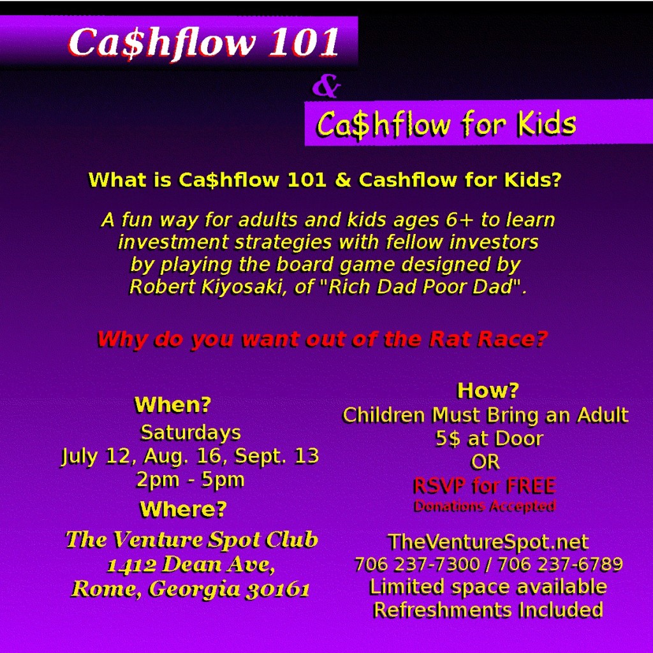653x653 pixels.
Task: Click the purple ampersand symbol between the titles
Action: click(326, 87)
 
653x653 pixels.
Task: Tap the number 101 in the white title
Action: click(304, 43)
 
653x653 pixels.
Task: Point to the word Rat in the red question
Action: click(451, 339)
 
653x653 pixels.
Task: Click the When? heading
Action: click(173, 405)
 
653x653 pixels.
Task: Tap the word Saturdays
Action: click(191, 433)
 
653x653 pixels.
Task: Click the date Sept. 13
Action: click(277, 456)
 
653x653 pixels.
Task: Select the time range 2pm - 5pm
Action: click(190, 480)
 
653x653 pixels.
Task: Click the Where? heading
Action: click(183, 510)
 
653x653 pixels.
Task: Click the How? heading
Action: click(488, 391)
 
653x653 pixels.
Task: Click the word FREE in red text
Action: click(531, 486)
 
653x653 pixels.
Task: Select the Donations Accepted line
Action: click(485, 506)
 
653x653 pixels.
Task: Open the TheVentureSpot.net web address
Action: click(488, 542)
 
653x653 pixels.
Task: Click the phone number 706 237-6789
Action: click(561, 565)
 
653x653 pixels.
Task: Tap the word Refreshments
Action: click(443, 610)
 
